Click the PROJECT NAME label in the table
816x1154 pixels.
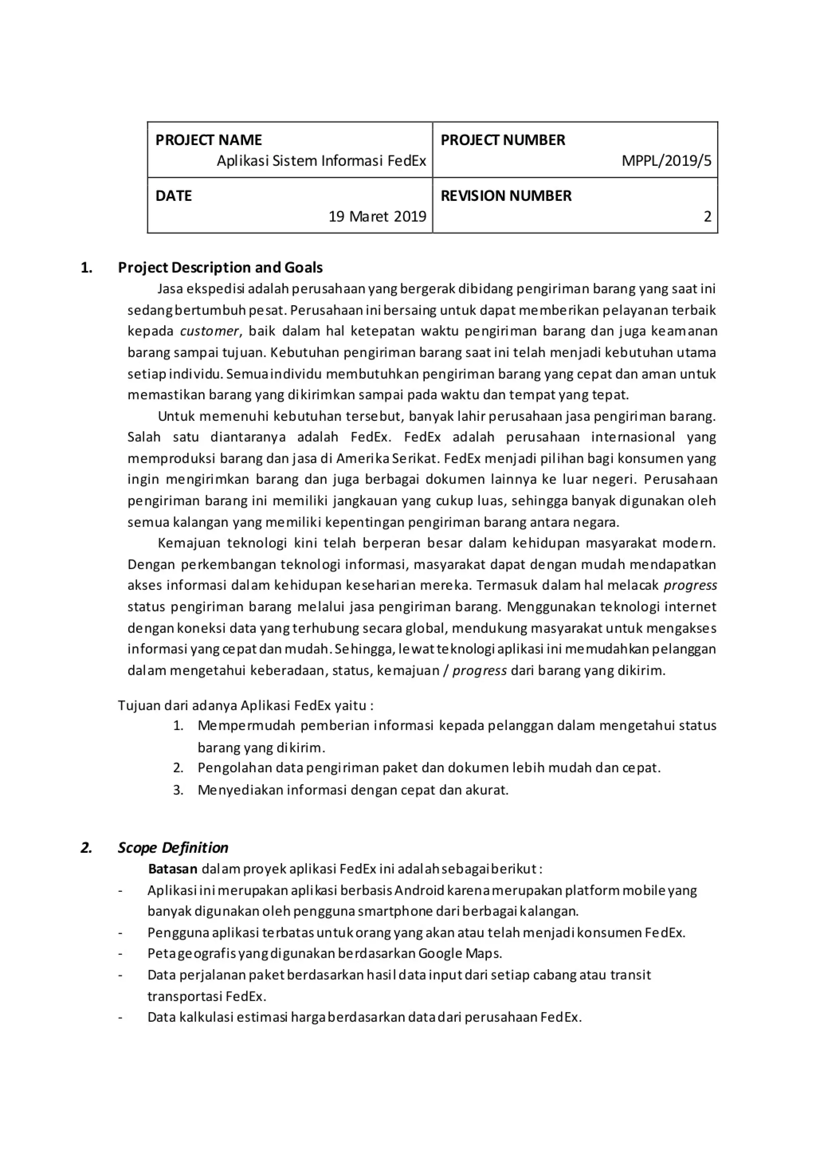208,140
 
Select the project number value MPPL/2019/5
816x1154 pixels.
666,161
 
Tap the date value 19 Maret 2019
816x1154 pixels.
377,217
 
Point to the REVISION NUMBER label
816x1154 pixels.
506,196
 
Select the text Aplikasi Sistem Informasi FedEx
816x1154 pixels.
321,161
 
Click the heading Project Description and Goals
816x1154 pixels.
220,267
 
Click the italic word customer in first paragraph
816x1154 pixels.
210,331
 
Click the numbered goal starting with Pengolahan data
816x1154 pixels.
429,768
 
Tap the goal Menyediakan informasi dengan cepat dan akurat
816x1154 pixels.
353,790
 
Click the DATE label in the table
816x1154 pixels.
173,196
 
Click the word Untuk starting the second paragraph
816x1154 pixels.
176,416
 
